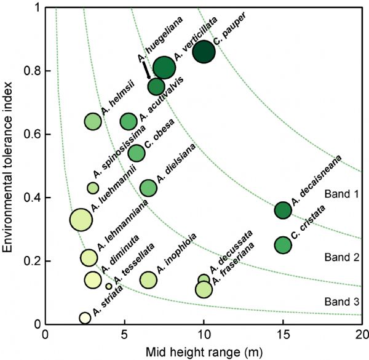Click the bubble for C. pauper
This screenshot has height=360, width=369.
click(204, 52)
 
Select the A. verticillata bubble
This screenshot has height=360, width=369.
click(164, 68)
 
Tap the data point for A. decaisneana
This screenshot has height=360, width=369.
click(283, 210)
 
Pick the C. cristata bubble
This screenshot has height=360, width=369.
click(283, 245)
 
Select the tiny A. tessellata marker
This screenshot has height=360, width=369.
click(109, 286)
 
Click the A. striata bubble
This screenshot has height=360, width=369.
click(85, 318)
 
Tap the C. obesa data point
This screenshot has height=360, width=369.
click(137, 153)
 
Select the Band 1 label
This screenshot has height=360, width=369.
click(338, 194)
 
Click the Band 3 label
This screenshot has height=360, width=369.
click(338, 302)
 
